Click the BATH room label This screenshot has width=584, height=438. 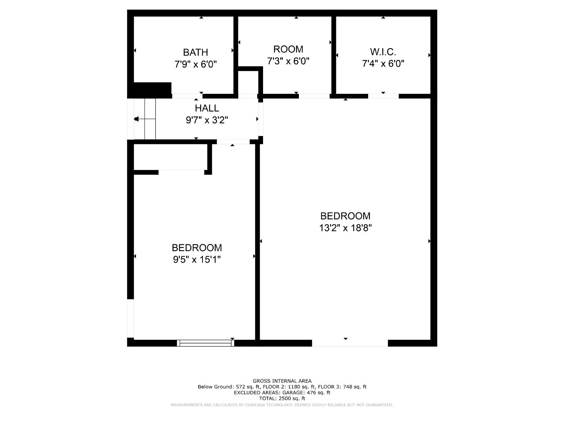click(x=195, y=52)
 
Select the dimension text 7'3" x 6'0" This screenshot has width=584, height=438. click(x=288, y=61)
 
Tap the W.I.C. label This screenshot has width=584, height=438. click(x=383, y=52)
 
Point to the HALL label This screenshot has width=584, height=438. click(x=207, y=108)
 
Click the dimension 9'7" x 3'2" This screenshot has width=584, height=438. click(x=207, y=120)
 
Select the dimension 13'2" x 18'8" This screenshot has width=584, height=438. click(x=345, y=228)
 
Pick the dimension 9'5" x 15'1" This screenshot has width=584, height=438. click(x=197, y=259)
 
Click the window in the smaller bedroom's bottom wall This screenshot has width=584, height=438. click(x=205, y=343)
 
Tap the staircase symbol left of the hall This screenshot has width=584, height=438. click(x=145, y=119)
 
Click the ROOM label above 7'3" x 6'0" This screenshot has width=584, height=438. click(x=288, y=49)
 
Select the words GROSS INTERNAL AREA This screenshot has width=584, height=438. click(x=282, y=381)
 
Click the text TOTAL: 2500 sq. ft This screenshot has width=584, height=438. click(x=282, y=398)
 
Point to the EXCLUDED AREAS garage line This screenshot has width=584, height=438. click(x=282, y=392)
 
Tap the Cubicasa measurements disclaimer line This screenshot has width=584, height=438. click(x=282, y=405)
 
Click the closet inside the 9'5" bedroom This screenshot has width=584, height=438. click(x=170, y=157)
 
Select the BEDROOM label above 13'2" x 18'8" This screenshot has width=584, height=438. click(x=345, y=216)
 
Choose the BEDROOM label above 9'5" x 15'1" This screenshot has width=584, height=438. click(x=197, y=248)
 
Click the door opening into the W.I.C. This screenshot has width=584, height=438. click(x=383, y=96)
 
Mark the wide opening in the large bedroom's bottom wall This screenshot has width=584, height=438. click(x=350, y=343)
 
